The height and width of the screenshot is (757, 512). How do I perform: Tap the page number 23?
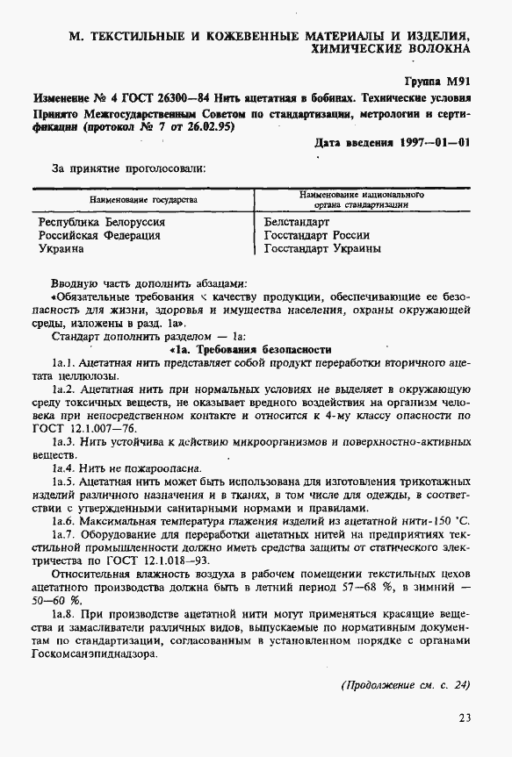click(464, 718)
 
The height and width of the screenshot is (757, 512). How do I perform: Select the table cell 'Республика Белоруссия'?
click(102, 223)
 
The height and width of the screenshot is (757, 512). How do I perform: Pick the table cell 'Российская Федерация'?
click(99, 236)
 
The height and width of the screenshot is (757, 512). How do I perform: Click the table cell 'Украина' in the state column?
click(61, 249)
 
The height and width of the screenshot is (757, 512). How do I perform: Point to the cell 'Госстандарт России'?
click(317, 236)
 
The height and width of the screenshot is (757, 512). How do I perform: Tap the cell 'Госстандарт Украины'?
click(322, 249)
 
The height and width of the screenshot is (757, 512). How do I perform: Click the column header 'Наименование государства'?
click(142, 201)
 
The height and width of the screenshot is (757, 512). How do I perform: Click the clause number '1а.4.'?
click(66, 469)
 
